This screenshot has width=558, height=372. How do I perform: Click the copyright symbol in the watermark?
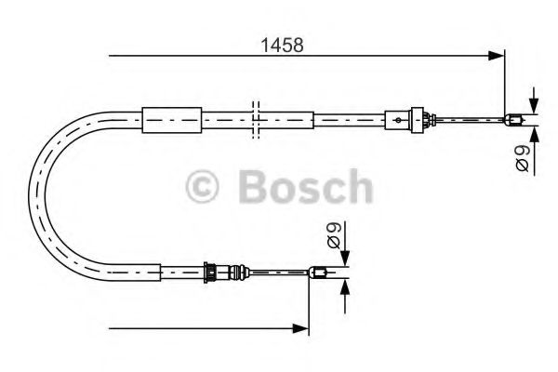(204, 186)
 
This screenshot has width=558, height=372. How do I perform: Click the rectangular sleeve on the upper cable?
(170, 118)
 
